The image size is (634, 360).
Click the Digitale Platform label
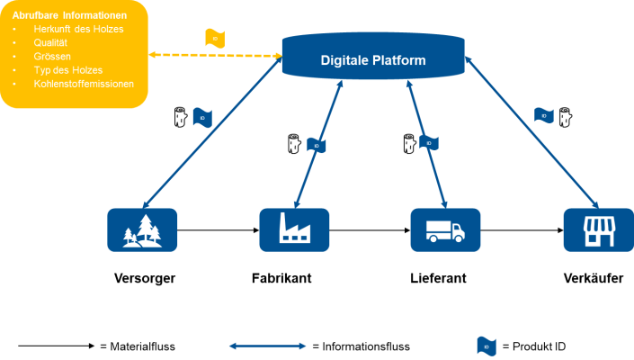click(x=373, y=60)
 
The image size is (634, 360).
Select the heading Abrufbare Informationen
click(x=68, y=15)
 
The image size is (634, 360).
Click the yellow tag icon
click(x=214, y=38)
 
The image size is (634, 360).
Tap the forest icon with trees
click(x=142, y=229)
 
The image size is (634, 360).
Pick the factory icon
click(x=294, y=229)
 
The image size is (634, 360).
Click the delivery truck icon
click(x=445, y=229)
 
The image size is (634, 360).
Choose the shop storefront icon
click(x=597, y=229)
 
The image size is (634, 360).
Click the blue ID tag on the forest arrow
click(x=202, y=118)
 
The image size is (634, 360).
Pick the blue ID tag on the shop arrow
click(x=544, y=115)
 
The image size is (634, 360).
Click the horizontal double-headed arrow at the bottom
click(x=268, y=346)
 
